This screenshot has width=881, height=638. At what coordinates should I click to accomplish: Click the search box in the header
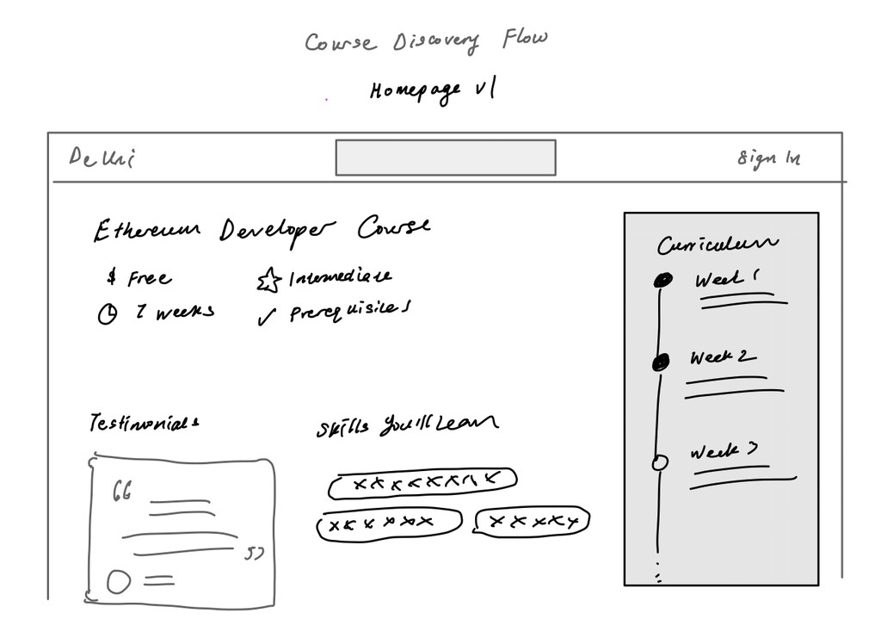click(x=445, y=158)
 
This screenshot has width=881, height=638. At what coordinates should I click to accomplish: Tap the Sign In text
click(x=768, y=158)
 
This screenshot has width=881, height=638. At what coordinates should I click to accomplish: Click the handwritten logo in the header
click(x=102, y=158)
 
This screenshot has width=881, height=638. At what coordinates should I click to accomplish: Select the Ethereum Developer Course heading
click(x=262, y=230)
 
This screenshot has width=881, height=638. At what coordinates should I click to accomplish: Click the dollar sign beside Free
click(x=112, y=277)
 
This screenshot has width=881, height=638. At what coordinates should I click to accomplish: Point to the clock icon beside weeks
click(x=108, y=315)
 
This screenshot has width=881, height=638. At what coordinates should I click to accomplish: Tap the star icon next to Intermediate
click(x=268, y=280)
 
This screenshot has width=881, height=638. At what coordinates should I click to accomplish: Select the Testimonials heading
click(x=145, y=424)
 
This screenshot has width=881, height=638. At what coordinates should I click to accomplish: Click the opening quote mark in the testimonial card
click(x=122, y=492)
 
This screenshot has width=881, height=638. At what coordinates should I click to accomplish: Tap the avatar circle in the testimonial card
click(x=119, y=582)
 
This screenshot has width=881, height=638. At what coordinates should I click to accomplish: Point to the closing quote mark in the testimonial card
click(x=253, y=553)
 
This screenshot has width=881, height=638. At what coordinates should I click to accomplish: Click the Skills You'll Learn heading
click(x=406, y=425)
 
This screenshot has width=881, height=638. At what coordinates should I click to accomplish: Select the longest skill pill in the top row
click(x=422, y=484)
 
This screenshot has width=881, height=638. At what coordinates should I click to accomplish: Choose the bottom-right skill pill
click(x=531, y=522)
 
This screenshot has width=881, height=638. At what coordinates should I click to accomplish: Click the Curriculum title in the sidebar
click(x=718, y=245)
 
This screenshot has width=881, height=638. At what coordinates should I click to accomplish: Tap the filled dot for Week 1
click(x=662, y=280)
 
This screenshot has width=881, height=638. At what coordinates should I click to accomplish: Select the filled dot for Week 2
click(x=661, y=363)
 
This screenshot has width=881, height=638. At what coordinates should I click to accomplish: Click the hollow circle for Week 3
click(x=660, y=462)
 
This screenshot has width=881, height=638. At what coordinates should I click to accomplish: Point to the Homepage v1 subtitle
click(x=433, y=90)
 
